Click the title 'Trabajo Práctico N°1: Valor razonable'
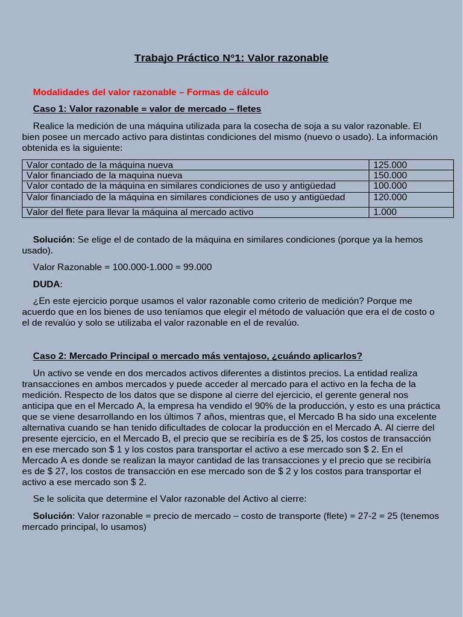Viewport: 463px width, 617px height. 231,58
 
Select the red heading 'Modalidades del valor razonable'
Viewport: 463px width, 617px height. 107,92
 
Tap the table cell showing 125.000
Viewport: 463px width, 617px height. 390,164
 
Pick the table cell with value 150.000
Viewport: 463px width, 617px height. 390,175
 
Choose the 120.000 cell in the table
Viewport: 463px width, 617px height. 390,197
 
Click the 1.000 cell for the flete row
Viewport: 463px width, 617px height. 385,211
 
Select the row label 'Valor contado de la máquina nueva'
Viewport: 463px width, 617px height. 99,164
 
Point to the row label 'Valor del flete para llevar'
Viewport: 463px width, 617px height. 140,211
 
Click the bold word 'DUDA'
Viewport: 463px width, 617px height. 46,284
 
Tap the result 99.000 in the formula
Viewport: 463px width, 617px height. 197,267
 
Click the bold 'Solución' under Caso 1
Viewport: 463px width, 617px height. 52,239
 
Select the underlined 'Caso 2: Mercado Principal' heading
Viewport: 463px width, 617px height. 197,355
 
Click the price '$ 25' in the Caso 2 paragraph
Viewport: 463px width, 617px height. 312,439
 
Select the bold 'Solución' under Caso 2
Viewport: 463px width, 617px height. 52,516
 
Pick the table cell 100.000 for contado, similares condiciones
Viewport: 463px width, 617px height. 390,186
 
